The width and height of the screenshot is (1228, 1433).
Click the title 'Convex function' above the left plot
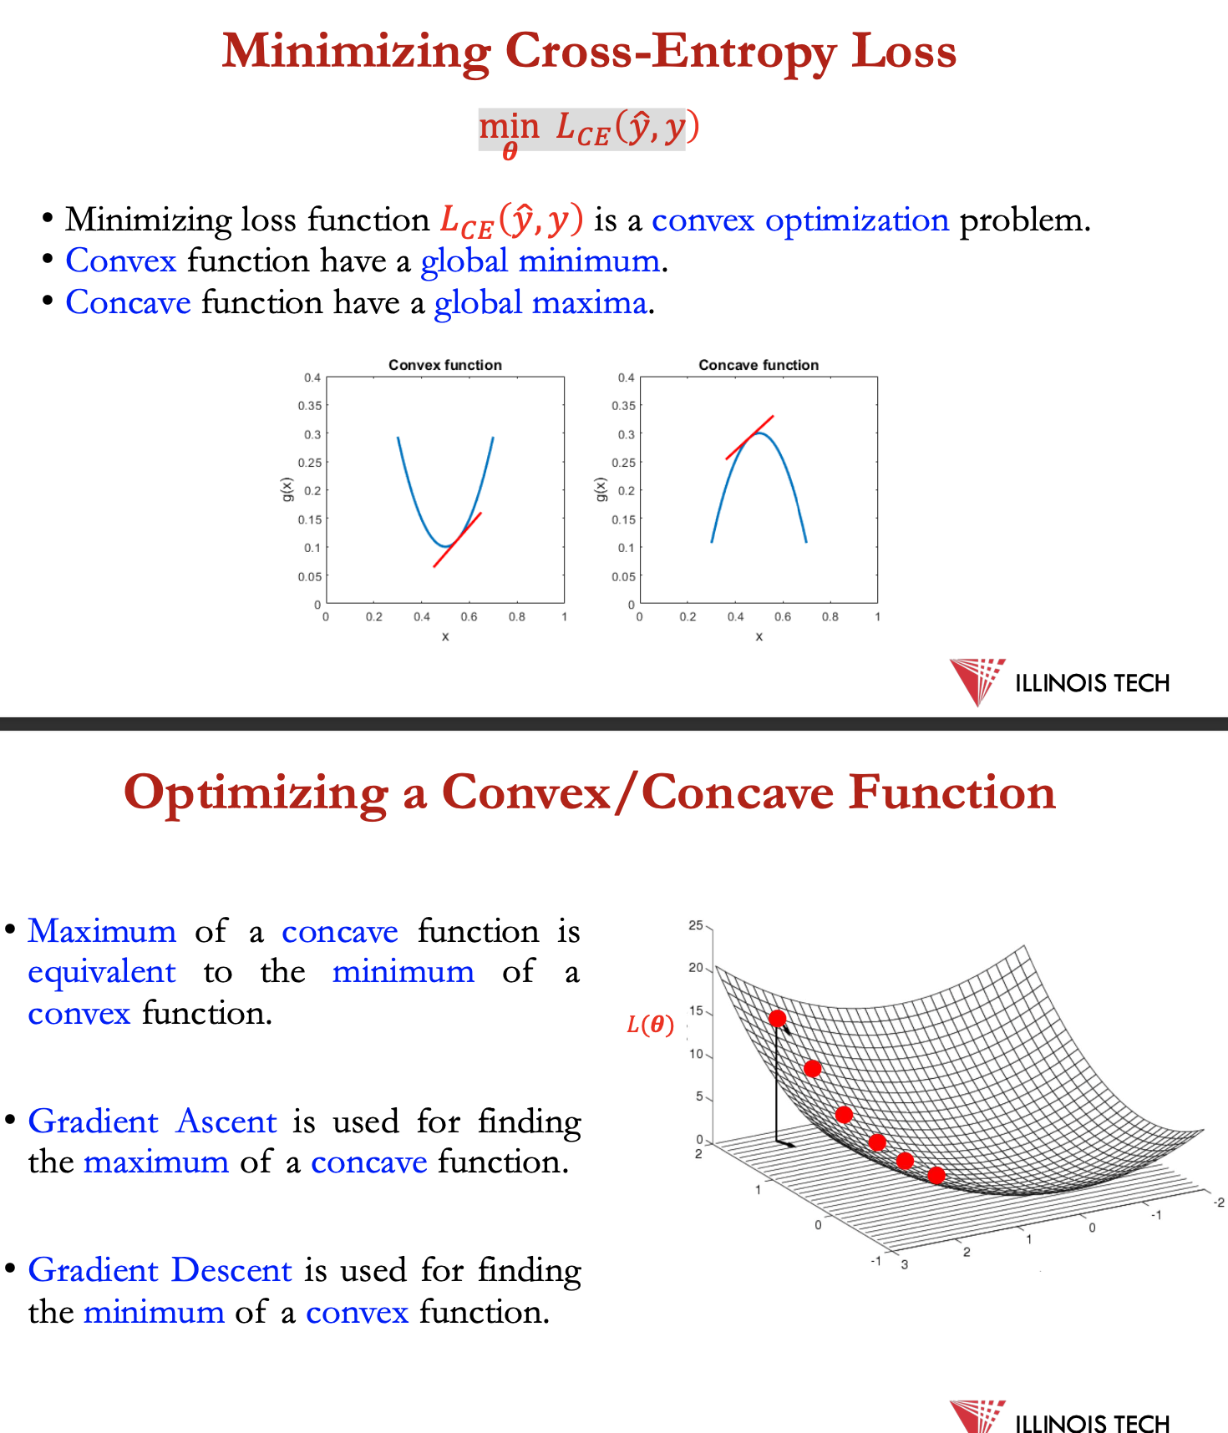[445, 365]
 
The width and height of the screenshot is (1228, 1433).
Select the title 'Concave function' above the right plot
[759, 365]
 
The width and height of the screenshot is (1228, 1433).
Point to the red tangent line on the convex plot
[457, 540]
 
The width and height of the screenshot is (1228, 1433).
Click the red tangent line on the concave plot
[749, 438]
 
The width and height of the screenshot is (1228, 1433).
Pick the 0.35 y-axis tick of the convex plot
[310, 406]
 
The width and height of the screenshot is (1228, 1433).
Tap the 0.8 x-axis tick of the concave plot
[830, 617]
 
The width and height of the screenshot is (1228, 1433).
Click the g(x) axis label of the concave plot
[600, 490]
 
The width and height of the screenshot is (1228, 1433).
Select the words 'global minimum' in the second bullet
[540, 261]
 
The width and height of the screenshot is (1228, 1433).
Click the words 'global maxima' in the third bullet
[540, 302]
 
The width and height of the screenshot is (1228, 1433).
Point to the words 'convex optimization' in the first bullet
[800, 220]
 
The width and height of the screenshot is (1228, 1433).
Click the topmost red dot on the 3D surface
[778, 1018]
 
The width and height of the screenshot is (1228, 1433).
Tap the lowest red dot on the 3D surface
[936, 1175]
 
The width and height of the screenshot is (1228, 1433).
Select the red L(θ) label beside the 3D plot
[651, 1025]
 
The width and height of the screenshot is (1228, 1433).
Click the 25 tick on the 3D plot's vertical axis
[696, 925]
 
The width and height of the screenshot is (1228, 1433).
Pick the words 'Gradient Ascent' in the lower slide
[152, 1122]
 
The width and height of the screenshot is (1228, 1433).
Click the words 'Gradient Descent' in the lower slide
[160, 1270]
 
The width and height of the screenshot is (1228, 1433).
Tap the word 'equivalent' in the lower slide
[102, 973]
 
